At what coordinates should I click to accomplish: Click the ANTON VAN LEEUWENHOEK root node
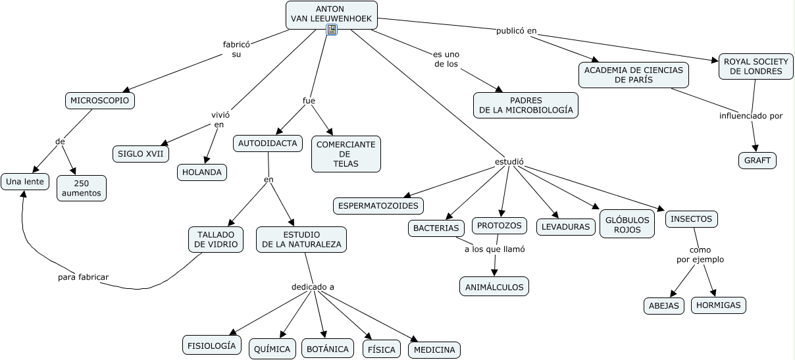click(332, 14)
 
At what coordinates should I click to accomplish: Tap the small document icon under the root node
click(332, 30)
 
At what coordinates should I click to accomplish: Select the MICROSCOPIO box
click(100, 101)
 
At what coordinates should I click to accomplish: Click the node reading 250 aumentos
click(82, 188)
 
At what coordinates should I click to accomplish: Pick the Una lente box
click(25, 182)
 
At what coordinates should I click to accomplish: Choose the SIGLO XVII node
click(141, 154)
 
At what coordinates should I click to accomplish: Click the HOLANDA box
click(202, 172)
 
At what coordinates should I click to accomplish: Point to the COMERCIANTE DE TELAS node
click(346, 154)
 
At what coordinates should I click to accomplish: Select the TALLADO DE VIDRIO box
click(216, 240)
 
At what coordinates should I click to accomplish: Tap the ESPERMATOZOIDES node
click(378, 206)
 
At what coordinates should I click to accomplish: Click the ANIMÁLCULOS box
click(494, 286)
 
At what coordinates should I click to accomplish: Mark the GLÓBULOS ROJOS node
click(627, 224)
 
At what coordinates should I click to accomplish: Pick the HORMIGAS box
click(719, 305)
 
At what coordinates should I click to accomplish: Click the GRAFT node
click(757, 161)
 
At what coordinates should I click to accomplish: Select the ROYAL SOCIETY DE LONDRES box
click(756, 66)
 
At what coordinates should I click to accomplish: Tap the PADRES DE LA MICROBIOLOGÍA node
click(526, 105)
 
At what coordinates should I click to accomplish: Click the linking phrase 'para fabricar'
click(83, 277)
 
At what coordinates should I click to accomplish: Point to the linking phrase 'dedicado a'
click(313, 287)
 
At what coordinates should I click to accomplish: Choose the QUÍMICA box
click(272, 349)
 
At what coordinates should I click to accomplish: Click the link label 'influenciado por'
click(751, 116)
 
